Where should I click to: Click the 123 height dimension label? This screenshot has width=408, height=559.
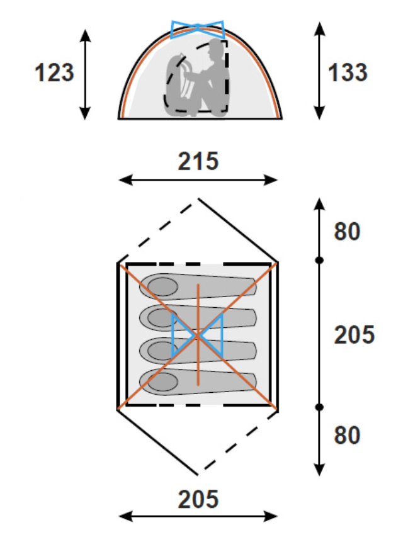tap(54, 73)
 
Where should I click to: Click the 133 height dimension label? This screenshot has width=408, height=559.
tap(348, 73)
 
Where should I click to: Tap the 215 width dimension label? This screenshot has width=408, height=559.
tap(198, 161)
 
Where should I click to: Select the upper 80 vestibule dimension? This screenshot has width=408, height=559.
tap(347, 232)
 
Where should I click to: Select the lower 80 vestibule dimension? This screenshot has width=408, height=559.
tap(347, 435)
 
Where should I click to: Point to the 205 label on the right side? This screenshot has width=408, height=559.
tap(354, 335)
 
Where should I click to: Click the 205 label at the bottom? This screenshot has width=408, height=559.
tap(198, 499)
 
